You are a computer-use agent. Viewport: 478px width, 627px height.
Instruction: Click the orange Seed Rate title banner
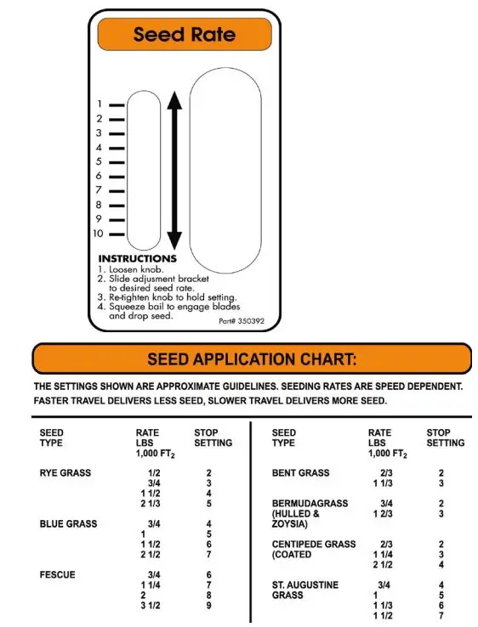coord(185,35)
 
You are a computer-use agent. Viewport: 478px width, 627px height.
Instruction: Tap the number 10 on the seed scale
coord(99,234)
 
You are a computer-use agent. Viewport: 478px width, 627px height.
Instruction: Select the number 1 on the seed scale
coord(100,104)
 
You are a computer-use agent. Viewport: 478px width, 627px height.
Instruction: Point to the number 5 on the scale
coord(100,161)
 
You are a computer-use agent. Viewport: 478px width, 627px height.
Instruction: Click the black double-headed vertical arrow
coord(174,170)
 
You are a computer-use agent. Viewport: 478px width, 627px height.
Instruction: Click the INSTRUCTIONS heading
coord(138,258)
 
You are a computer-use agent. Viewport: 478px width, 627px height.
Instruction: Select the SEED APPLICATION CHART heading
coord(252,359)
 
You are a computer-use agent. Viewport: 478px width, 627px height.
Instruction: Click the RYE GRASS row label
coord(65,473)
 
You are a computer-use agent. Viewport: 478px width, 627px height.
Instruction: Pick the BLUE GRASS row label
coord(68,524)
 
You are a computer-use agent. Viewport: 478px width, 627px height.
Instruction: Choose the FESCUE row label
coord(57,575)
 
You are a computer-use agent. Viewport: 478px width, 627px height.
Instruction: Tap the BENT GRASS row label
coord(299,473)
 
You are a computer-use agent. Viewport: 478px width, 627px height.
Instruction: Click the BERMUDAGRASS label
coord(310,504)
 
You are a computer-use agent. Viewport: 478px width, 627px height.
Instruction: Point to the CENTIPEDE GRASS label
coord(313,545)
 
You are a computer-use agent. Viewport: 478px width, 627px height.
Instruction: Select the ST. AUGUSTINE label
coord(304,585)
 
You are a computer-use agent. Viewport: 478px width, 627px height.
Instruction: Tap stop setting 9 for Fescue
coord(208,606)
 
